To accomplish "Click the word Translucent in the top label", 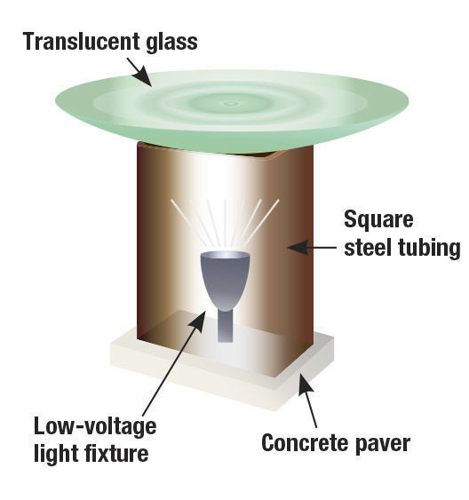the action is pyautogui.click(x=82, y=42).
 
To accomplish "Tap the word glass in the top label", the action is pyautogui.click(x=171, y=42).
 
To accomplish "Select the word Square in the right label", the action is pyautogui.click(x=378, y=220).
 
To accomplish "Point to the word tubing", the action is pyautogui.click(x=429, y=249).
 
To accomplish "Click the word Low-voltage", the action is pyautogui.click(x=95, y=426).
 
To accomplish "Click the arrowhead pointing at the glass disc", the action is pyautogui.click(x=142, y=76).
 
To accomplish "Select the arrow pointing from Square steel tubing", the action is pyautogui.click(x=312, y=248).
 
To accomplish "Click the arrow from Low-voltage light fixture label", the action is pyautogui.click(x=174, y=363).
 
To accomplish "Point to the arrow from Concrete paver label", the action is pyautogui.click(x=307, y=401).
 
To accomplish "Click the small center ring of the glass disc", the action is pyautogui.click(x=231, y=103).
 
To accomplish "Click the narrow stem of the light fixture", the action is pyautogui.click(x=225, y=326).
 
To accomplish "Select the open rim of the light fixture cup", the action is pyautogui.click(x=225, y=255).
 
